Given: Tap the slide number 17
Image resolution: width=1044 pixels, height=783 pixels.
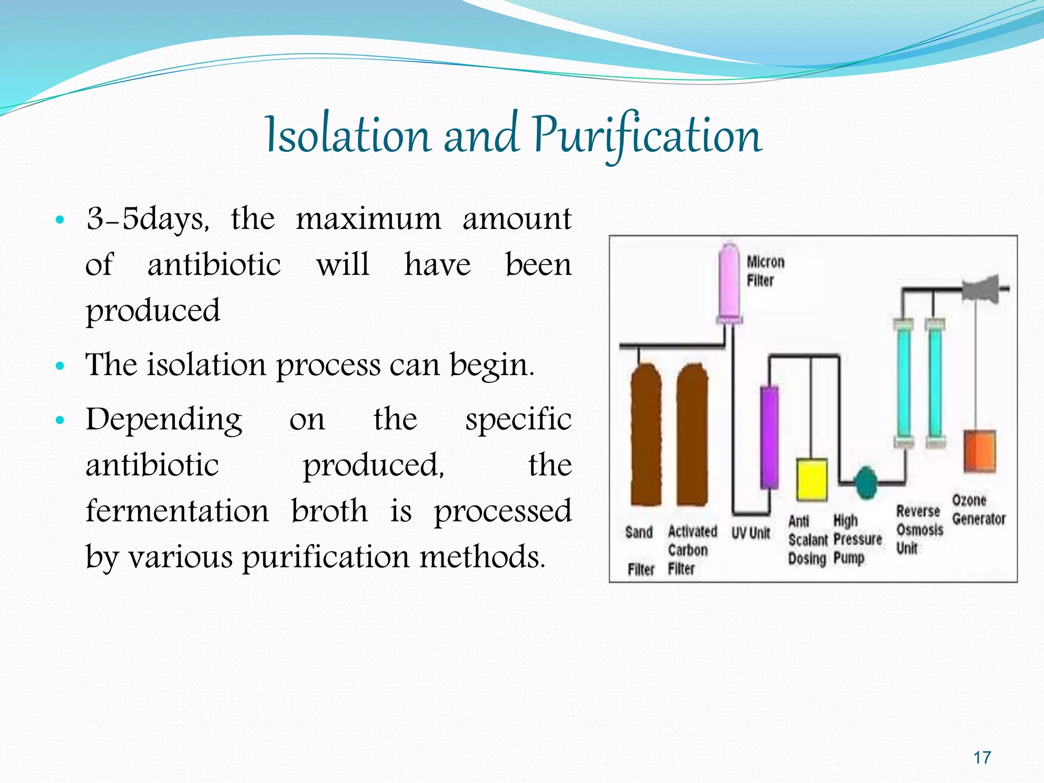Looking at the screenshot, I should [982, 758].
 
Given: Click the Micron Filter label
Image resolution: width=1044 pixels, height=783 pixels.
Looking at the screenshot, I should [765, 271].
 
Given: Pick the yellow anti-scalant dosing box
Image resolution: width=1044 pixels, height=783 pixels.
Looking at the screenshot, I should [811, 479].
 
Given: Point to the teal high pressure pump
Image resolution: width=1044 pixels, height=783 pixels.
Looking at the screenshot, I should [865, 482].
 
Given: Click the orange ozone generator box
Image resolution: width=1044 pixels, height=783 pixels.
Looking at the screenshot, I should [979, 451].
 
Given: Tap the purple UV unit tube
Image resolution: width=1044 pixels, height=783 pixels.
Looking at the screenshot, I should [769, 437].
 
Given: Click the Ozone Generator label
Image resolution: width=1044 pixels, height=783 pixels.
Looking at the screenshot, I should [978, 510].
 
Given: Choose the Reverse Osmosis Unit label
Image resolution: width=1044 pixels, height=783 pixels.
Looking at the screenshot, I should [919, 530].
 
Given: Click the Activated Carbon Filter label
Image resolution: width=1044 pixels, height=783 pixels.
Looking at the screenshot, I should [691, 550].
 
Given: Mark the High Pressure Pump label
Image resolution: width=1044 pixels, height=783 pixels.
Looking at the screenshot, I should [857, 539].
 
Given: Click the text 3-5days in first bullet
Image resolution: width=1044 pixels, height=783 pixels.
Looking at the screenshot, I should [147, 220].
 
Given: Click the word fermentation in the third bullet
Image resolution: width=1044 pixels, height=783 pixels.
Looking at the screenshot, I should [177, 511].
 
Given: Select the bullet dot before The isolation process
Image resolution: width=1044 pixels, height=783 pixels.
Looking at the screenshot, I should [60, 366].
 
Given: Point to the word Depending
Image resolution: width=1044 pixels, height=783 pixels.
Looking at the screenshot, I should [164, 420].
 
